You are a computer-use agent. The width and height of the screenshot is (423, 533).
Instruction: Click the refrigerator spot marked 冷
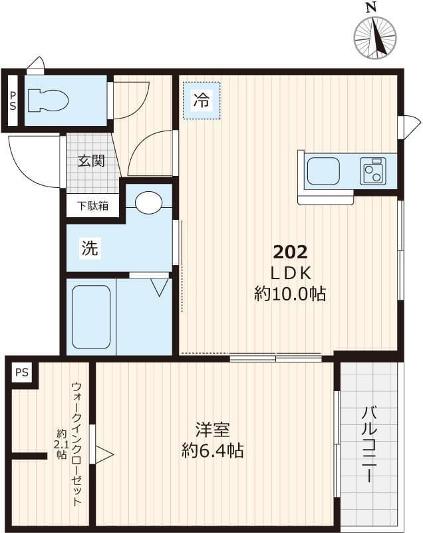201,101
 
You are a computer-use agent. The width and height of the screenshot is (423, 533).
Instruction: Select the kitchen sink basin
324,171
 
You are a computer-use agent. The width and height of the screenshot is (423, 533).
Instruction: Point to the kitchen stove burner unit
373,171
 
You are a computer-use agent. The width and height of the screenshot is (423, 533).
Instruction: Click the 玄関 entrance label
90,161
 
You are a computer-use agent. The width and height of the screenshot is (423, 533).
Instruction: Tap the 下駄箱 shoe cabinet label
92,206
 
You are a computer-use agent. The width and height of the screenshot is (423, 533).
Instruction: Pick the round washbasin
148,203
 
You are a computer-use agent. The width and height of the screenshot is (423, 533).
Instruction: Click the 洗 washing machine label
89,249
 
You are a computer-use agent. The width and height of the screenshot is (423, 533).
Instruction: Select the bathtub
91,316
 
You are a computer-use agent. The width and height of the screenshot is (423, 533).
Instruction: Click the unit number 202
290,252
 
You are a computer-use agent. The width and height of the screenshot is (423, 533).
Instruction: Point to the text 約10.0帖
290,294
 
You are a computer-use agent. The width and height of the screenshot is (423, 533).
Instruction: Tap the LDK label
290,272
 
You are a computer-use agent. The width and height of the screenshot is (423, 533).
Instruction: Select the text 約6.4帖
212,451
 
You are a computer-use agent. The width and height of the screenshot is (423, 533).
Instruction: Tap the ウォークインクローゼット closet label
77,444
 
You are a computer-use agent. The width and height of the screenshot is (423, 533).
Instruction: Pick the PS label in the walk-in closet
22,372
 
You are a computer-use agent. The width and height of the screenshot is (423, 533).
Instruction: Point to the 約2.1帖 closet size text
61,444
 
